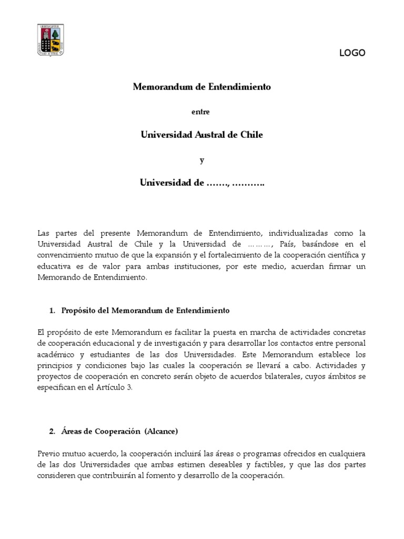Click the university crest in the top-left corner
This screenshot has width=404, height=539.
tap(51, 40)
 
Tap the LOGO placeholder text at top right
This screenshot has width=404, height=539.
tap(352, 53)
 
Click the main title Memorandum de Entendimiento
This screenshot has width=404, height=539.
tap(201, 87)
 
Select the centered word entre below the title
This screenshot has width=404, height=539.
tap(201, 111)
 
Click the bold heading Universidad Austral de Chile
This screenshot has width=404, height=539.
tap(201, 135)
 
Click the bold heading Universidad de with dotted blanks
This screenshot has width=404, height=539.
tap(201, 183)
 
